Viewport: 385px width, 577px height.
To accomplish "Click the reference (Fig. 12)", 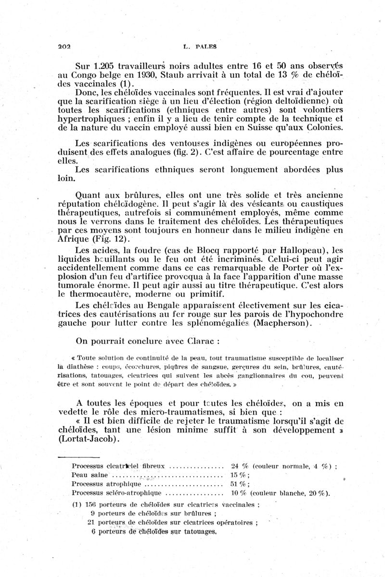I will point(115,240).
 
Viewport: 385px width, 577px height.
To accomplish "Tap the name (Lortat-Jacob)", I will point(102,439).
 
